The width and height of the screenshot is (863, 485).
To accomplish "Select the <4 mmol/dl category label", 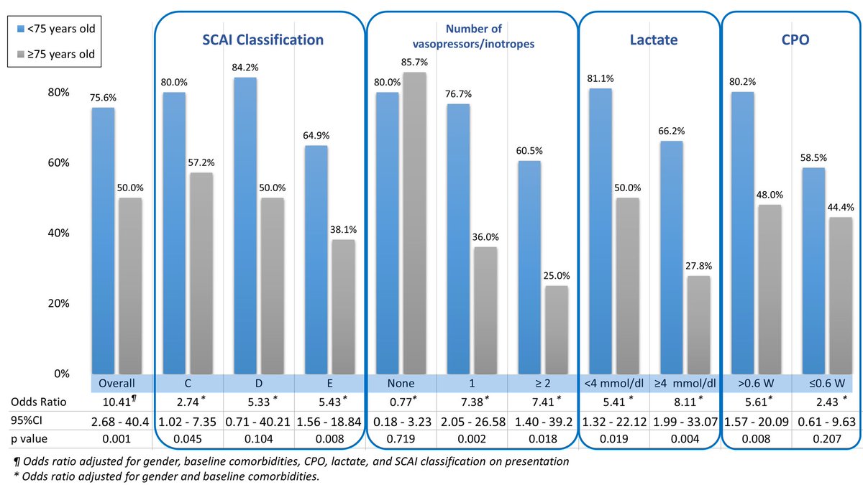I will pos(614,383).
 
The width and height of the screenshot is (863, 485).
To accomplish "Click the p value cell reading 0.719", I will pos(403,439).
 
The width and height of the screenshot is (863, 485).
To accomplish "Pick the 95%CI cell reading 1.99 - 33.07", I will pos(685,420).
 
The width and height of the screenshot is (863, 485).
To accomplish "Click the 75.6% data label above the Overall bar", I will pos(103,99).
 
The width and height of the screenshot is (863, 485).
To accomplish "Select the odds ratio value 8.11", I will pos(684,401).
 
